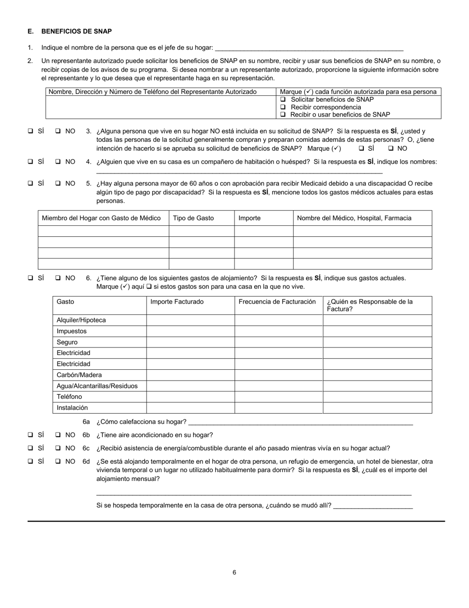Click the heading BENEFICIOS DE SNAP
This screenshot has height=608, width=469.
(77, 31)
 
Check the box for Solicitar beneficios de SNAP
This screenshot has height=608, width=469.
(283, 99)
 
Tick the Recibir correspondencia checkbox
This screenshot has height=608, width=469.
(283, 107)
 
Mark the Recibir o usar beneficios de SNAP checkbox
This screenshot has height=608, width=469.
(283, 114)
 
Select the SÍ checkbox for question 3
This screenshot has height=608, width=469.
(31, 131)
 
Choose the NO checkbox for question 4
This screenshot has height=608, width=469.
(58, 162)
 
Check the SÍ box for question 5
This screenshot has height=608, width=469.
(31, 183)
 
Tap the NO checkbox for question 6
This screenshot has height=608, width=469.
(58, 278)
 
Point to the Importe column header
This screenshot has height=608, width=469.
(249, 218)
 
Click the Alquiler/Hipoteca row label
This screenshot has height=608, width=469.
(81, 320)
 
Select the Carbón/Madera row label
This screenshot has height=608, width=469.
(79, 375)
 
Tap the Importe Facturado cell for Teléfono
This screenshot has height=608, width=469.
(190, 397)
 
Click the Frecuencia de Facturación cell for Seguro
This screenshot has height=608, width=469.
(278, 342)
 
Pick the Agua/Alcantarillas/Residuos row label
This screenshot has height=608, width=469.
(97, 386)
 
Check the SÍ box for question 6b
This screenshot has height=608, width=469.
(31, 435)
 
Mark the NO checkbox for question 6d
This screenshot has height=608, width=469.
(58, 461)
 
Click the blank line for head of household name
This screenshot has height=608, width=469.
(309, 48)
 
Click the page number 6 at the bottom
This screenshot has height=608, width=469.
(234, 572)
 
